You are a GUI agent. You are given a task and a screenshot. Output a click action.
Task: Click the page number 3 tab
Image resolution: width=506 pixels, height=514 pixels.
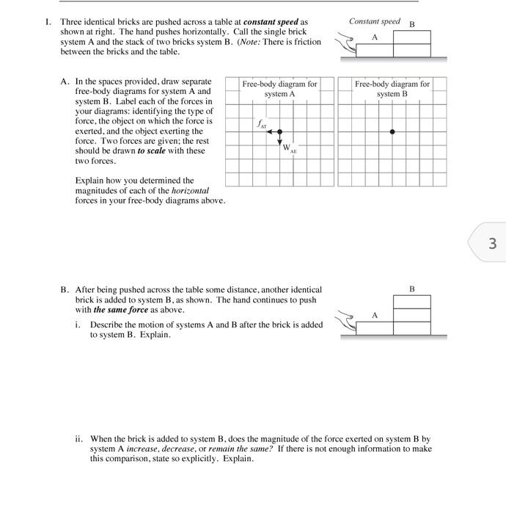pyautogui.click(x=491, y=243)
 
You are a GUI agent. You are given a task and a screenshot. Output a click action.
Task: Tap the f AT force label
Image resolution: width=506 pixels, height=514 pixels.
pyautogui.click(x=261, y=126)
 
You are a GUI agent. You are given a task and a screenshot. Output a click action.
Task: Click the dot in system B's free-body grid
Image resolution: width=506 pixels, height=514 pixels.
pyautogui.click(x=392, y=131)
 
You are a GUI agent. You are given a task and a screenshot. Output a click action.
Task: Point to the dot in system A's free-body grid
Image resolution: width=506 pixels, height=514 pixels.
pyautogui.click(x=279, y=131)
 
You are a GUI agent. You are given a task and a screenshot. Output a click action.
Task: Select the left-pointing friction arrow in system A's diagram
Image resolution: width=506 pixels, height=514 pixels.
pyautogui.click(x=272, y=131)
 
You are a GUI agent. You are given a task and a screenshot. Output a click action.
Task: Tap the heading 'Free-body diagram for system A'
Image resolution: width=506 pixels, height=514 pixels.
pyautogui.click(x=279, y=89)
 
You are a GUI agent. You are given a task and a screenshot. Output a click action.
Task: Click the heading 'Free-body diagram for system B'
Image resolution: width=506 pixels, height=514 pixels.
pyautogui.click(x=392, y=89)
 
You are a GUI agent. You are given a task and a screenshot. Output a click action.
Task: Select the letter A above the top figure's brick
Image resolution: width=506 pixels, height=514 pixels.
pyautogui.click(x=375, y=37)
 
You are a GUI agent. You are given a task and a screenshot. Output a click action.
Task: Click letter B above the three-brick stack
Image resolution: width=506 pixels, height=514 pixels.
pyautogui.click(x=411, y=289)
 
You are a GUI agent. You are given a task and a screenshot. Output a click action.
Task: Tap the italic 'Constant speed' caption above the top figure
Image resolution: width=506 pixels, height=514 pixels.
pyautogui.click(x=375, y=21)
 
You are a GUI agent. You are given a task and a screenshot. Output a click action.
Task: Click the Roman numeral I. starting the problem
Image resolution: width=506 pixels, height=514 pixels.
pyautogui.click(x=48, y=22)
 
